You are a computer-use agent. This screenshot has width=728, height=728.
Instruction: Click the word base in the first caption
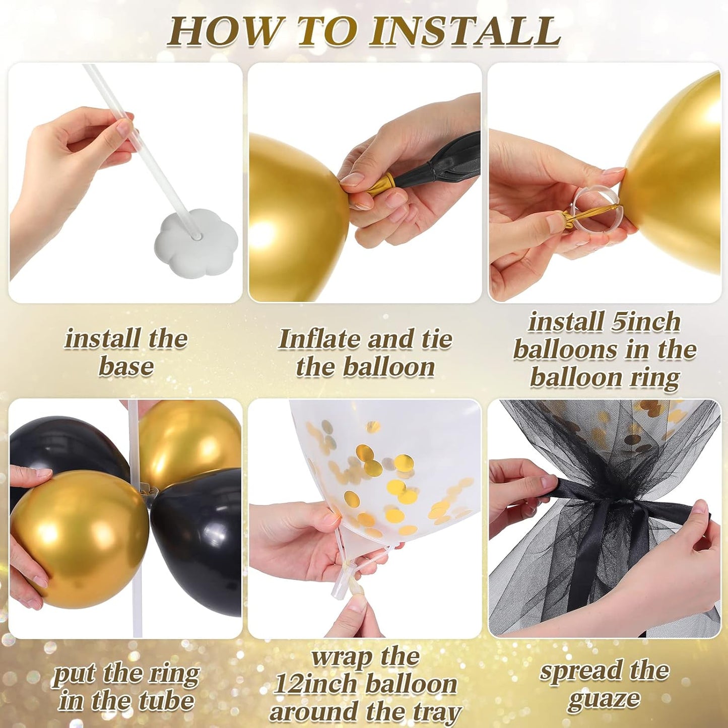click(126, 366)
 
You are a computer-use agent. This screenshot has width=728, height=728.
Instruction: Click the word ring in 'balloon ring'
click(655, 377)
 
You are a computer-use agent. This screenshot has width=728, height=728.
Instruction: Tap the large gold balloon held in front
click(78, 539)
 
